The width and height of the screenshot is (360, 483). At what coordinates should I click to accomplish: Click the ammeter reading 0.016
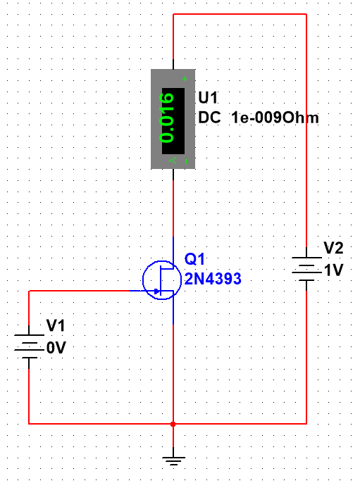[x=167, y=118]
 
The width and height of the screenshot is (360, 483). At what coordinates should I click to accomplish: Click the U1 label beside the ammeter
[x=208, y=98]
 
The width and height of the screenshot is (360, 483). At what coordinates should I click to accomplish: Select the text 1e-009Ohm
[x=275, y=118]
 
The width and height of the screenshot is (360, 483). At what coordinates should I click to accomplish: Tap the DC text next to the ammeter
[x=210, y=118]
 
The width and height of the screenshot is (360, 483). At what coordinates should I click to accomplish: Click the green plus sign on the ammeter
[x=185, y=79]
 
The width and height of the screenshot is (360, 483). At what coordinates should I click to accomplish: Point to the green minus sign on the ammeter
[x=186, y=161]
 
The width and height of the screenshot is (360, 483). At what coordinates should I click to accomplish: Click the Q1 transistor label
[x=194, y=259]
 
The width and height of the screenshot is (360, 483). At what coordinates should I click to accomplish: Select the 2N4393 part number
[x=213, y=279]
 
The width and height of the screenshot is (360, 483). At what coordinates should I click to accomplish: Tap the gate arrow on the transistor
[x=157, y=291]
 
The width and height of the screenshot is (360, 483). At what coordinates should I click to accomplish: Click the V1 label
[x=56, y=325]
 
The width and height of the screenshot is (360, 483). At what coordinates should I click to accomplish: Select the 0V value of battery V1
[x=56, y=348]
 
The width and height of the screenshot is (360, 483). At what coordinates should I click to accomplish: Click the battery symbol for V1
[x=29, y=346]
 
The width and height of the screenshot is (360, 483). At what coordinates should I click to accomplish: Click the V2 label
[x=333, y=248]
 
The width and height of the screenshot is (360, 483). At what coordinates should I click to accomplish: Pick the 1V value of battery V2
[x=334, y=270]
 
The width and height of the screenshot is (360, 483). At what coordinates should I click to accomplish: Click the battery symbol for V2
[x=306, y=269]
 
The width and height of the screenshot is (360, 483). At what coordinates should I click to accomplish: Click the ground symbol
[x=173, y=460]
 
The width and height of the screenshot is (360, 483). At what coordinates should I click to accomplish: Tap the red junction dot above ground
[x=173, y=424]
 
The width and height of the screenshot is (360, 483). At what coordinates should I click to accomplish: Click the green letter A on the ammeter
[x=173, y=161]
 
